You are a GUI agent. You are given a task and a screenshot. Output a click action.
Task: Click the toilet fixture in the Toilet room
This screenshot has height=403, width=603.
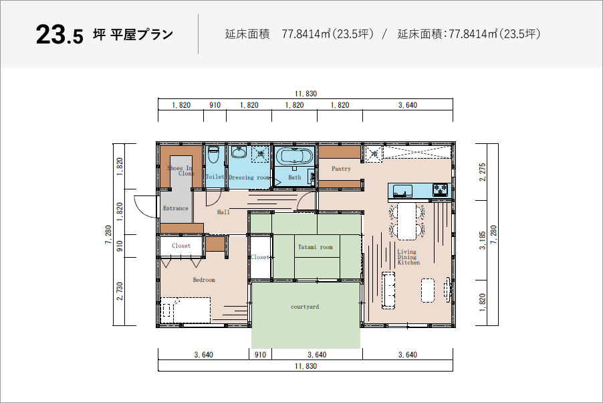click(x=213, y=156)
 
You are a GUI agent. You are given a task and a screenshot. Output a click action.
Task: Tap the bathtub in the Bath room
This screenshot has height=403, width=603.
click(x=294, y=157)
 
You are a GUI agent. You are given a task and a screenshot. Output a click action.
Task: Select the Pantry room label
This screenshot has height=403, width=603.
click(x=341, y=169)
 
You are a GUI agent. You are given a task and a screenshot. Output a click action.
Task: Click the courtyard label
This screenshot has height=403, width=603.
click(x=305, y=307)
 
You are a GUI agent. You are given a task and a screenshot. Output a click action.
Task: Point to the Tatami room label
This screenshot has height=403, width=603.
click(x=315, y=247)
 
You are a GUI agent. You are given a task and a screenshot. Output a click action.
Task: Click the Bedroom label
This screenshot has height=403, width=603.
click(x=204, y=280)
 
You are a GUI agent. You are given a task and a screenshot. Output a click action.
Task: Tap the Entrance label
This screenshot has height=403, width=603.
click(x=175, y=208)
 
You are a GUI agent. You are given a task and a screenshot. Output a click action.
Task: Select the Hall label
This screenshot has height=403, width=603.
click(x=223, y=212)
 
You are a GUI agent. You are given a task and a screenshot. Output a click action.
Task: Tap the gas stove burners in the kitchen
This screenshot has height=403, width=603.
click(x=441, y=189)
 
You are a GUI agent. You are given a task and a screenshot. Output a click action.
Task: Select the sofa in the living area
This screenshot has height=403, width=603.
click(x=388, y=290)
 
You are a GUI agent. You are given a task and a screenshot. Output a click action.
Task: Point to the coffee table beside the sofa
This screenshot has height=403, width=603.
click(x=428, y=290)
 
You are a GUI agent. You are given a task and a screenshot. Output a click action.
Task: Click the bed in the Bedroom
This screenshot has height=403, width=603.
click(x=186, y=310)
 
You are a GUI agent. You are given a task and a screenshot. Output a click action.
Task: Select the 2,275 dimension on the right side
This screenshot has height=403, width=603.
click(x=483, y=172)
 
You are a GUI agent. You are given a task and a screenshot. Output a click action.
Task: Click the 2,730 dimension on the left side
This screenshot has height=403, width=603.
click(x=120, y=291)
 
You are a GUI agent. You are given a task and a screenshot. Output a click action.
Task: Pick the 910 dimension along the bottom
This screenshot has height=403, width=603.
click(x=260, y=354)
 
